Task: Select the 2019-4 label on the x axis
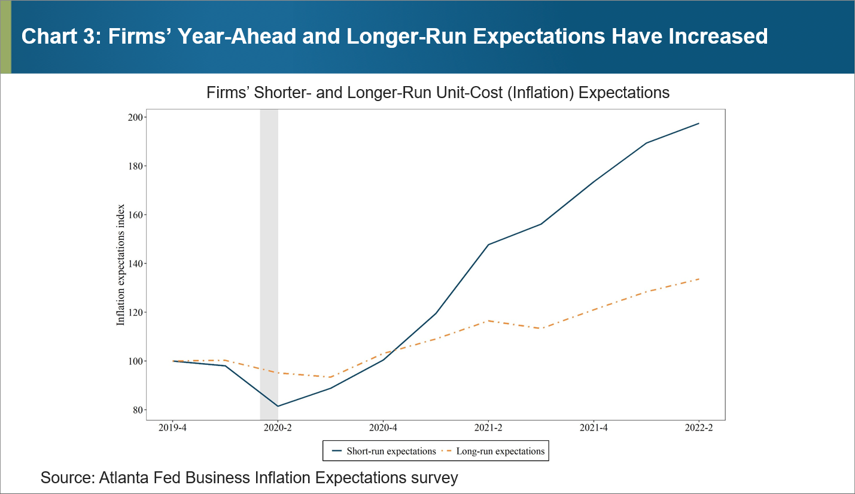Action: click(x=173, y=428)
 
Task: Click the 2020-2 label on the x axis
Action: click(x=278, y=428)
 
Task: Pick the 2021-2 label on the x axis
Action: click(x=489, y=428)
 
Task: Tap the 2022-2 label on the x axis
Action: click(x=699, y=428)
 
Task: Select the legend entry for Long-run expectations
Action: click(x=500, y=452)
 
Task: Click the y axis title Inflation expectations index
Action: click(x=121, y=264)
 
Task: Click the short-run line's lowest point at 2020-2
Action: click(x=278, y=406)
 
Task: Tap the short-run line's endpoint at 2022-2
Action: click(x=699, y=123)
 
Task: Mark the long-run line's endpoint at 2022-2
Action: click(x=699, y=279)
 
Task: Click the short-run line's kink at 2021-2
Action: click(x=489, y=245)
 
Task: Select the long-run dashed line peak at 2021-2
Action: click(x=489, y=321)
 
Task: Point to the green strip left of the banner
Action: click(x=5, y=37)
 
